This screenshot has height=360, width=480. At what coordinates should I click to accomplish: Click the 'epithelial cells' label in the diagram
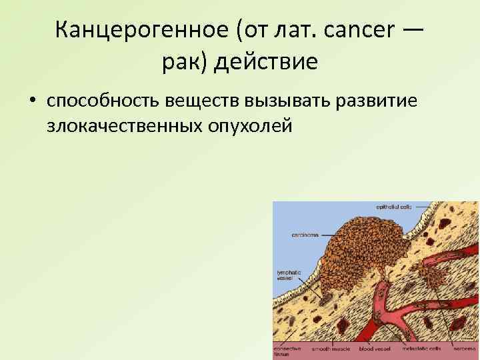[x=391, y=207]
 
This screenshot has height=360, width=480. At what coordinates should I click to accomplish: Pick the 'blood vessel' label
[x=371, y=349]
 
